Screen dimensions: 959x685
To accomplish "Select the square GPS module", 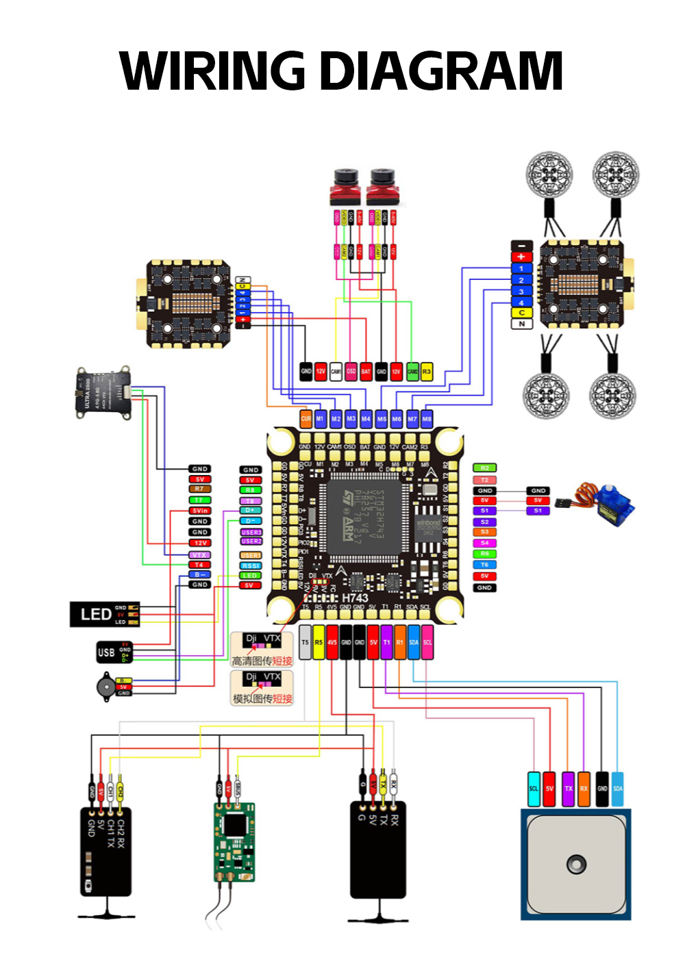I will [576, 865].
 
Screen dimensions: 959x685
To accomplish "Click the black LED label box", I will [96, 614].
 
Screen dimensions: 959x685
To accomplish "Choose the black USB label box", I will [106, 652].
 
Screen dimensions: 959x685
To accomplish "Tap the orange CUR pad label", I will [306, 418].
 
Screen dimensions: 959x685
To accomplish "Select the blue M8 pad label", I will [427, 418].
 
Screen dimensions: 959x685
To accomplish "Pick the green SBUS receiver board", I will [234, 841].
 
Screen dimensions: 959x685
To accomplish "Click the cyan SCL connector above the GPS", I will [534, 789].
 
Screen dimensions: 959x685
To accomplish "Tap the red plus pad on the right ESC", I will [521, 257].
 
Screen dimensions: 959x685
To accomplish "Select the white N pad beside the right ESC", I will [521, 324].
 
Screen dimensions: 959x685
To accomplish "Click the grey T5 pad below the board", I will [306, 643].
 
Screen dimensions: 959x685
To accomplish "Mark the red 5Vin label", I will [200, 511].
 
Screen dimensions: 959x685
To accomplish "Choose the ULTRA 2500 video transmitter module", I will [103, 393].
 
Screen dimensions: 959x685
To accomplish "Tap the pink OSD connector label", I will [351, 372].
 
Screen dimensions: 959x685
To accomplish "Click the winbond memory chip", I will [428, 526].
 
